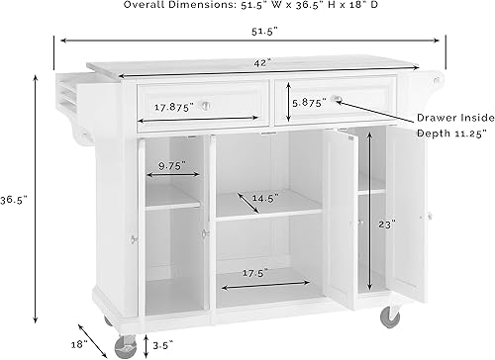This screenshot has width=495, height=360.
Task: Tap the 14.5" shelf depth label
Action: pyautogui.click(x=262, y=197)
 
